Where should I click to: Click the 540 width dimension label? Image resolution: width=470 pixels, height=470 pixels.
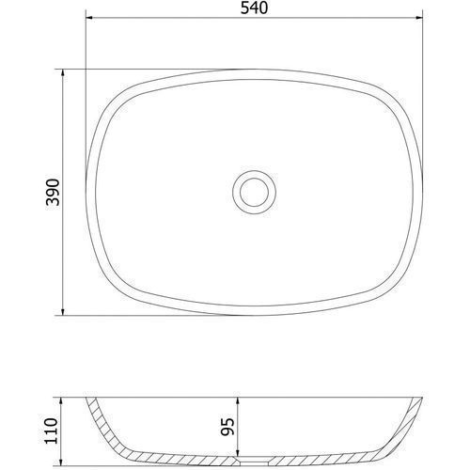pos(254,8)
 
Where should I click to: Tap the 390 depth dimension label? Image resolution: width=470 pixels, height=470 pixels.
pos(53,192)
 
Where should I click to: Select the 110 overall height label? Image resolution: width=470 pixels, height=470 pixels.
pos(52,431)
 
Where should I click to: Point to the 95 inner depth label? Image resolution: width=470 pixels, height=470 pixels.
pos(227,427)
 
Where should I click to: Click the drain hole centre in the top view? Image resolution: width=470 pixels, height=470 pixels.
pos(254,192)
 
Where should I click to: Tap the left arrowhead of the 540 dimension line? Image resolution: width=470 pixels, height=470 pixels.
pos(89,18)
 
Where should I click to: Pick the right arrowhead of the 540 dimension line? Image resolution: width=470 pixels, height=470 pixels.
pos(419,18)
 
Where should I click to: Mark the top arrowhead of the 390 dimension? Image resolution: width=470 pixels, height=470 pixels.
pos(63,72)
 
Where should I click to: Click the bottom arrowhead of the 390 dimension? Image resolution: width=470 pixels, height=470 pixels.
pos(63,311)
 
